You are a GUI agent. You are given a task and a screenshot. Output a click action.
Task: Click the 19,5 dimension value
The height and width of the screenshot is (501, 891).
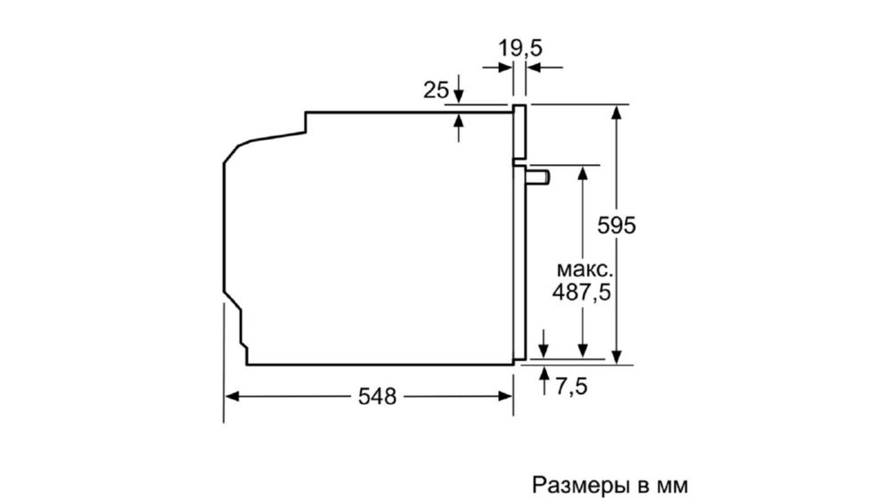click(x=520, y=48)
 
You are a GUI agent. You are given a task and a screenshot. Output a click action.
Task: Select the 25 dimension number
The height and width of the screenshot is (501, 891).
click(x=436, y=90)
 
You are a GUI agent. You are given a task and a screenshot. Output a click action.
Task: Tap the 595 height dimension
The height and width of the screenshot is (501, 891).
click(x=617, y=226)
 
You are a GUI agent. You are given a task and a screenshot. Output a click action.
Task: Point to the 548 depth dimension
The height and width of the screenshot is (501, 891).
click(x=377, y=397)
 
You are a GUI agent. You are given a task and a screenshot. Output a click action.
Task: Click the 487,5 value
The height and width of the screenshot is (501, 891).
click(x=581, y=292)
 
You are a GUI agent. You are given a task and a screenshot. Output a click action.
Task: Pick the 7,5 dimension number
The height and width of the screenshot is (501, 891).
click(x=572, y=387)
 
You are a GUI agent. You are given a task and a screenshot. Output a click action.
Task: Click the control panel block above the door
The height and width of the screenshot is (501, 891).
click(x=519, y=131)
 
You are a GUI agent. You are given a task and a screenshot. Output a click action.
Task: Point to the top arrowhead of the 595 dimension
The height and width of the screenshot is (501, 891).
click(x=617, y=112)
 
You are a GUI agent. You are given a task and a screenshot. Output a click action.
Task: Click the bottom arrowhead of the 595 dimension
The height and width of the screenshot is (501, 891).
click(x=617, y=356)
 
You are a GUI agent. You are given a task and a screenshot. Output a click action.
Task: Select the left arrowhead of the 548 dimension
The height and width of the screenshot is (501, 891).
click(x=232, y=397)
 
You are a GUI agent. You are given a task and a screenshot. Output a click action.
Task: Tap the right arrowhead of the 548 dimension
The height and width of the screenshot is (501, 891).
click(x=506, y=397)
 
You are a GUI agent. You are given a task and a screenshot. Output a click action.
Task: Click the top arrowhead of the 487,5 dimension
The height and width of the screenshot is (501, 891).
click(x=582, y=173)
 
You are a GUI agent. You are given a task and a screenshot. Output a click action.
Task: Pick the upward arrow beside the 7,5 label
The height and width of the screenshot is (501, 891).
click(x=544, y=381)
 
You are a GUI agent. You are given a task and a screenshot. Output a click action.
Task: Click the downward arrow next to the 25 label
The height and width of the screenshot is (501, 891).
click(x=459, y=89)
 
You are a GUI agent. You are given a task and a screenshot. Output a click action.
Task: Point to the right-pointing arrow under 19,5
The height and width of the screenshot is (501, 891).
click(x=498, y=67)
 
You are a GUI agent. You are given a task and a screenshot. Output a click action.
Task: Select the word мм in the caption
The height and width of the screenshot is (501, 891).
click(x=672, y=488)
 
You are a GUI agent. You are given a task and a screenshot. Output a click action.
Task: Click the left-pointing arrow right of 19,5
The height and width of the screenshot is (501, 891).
click(x=544, y=67)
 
